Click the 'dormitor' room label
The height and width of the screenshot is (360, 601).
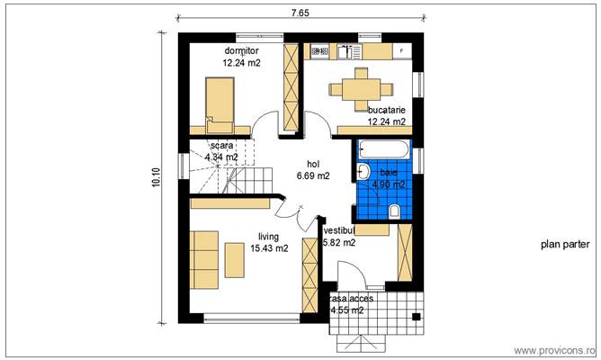click(x=241, y=51)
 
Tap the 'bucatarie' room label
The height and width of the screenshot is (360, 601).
click(x=386, y=109)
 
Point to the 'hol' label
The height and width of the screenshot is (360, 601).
click(x=313, y=164)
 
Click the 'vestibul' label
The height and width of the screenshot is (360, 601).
click(x=339, y=230)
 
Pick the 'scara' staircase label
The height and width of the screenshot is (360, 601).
click(x=221, y=145)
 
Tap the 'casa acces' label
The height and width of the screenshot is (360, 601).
click(x=348, y=298)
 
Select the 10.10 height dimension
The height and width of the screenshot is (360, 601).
click(x=157, y=177)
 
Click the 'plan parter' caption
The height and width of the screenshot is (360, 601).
click(x=565, y=244)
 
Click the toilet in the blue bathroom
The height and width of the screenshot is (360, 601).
click(x=395, y=211)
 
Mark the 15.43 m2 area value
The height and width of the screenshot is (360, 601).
click(x=269, y=248)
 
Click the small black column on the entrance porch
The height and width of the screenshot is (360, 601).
click(x=415, y=316)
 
